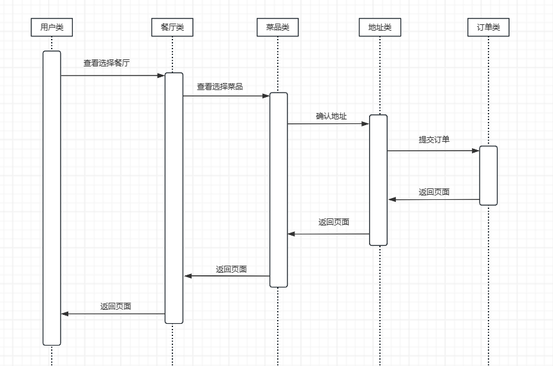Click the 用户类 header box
(52, 27)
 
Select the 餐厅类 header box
(172, 27)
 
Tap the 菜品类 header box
(278, 27)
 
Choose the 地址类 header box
(380, 27)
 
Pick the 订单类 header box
(489, 27)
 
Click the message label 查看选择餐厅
(107, 63)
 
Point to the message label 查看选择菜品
(220, 86)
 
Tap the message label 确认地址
(331, 116)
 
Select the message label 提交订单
(434, 139)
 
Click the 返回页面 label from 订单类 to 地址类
(434, 192)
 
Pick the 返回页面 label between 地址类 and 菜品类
(334, 222)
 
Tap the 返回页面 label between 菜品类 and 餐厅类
(231, 270)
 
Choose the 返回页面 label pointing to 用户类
(116, 307)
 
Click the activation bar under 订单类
(489, 176)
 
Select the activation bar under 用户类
(52, 198)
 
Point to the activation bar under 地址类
(379, 180)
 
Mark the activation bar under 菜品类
(278, 190)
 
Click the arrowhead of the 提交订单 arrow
(475, 151)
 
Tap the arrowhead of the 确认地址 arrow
(366, 124)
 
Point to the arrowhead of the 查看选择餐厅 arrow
(161, 75)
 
